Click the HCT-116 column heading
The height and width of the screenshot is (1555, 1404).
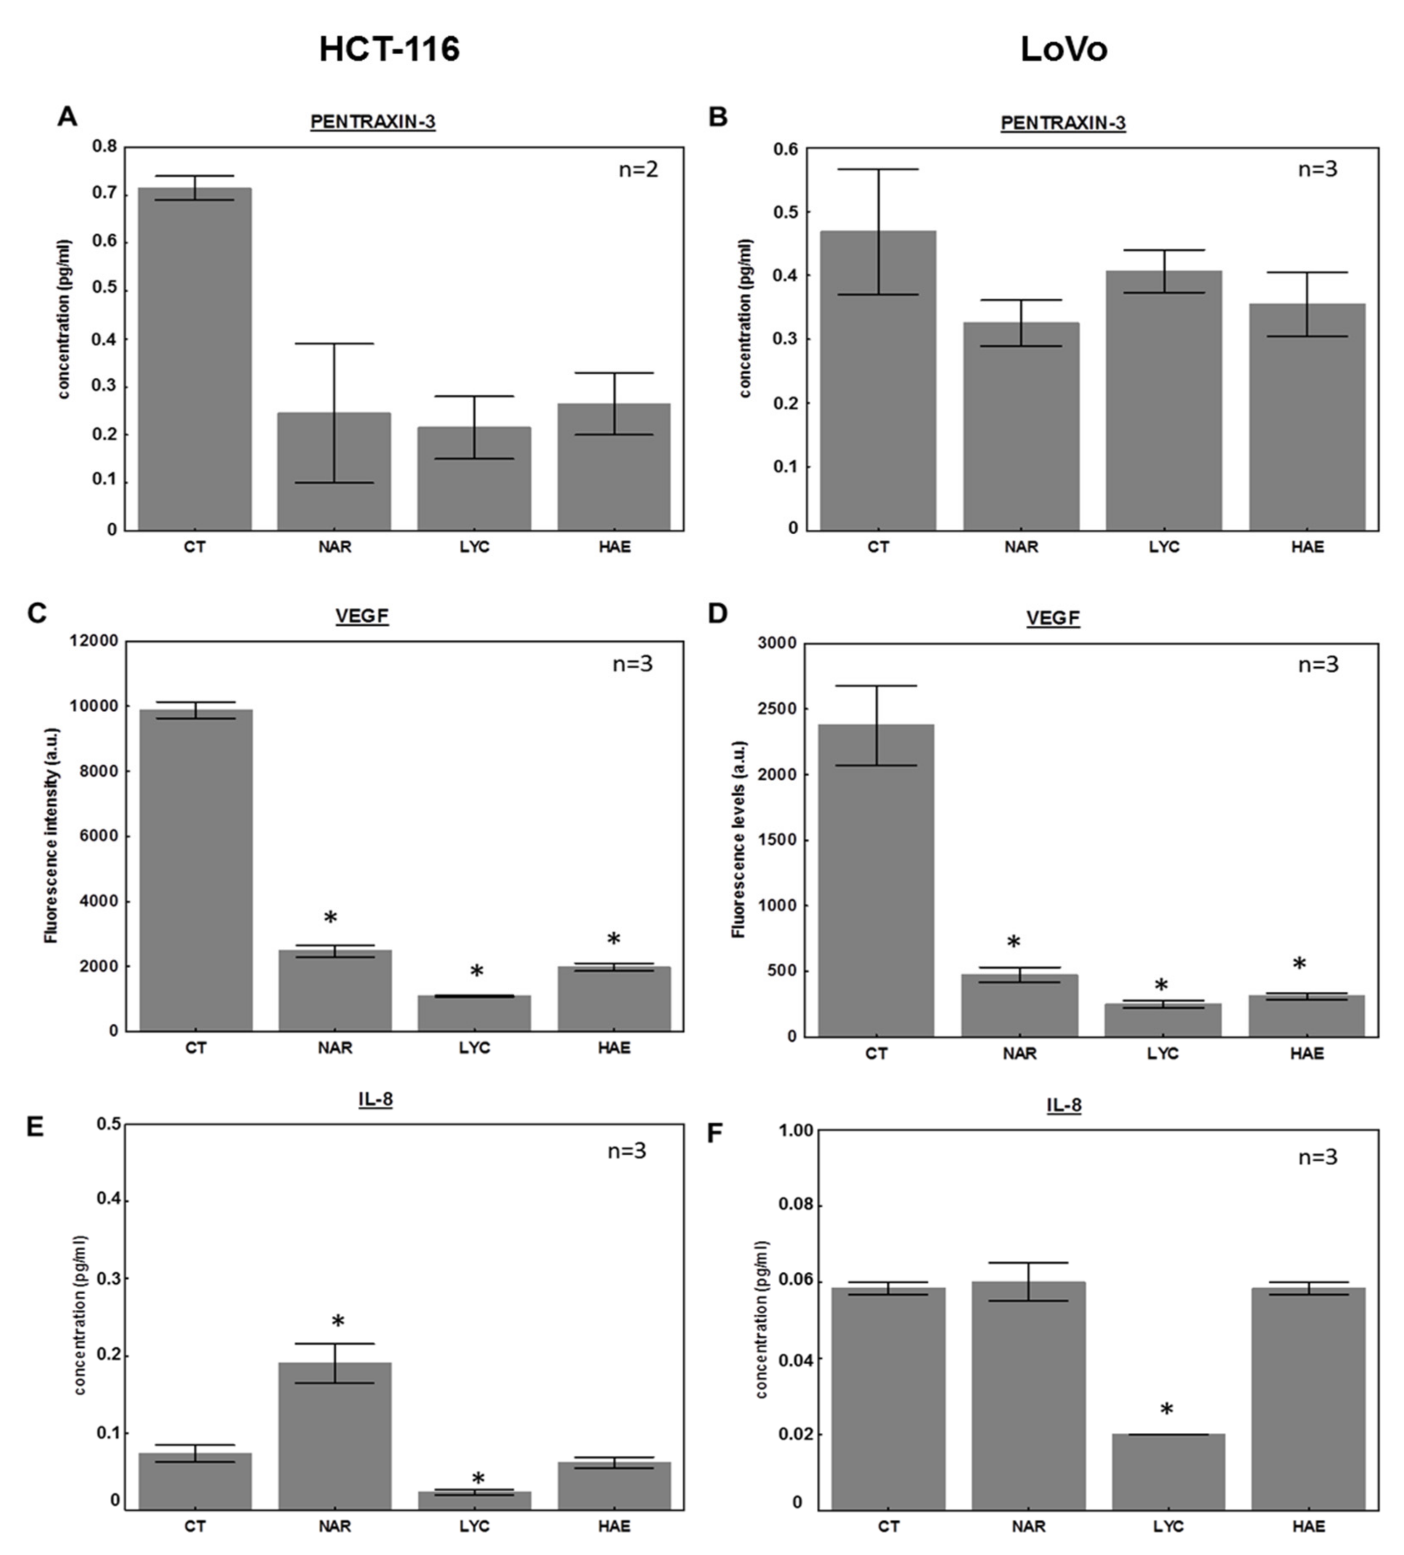pos(390,49)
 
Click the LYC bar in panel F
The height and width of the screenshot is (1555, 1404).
pos(1168,1472)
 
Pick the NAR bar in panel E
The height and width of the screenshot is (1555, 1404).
pos(335,1436)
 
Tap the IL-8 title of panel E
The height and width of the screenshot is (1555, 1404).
pos(376,1099)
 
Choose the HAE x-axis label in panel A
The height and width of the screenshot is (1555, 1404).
pos(614,547)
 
